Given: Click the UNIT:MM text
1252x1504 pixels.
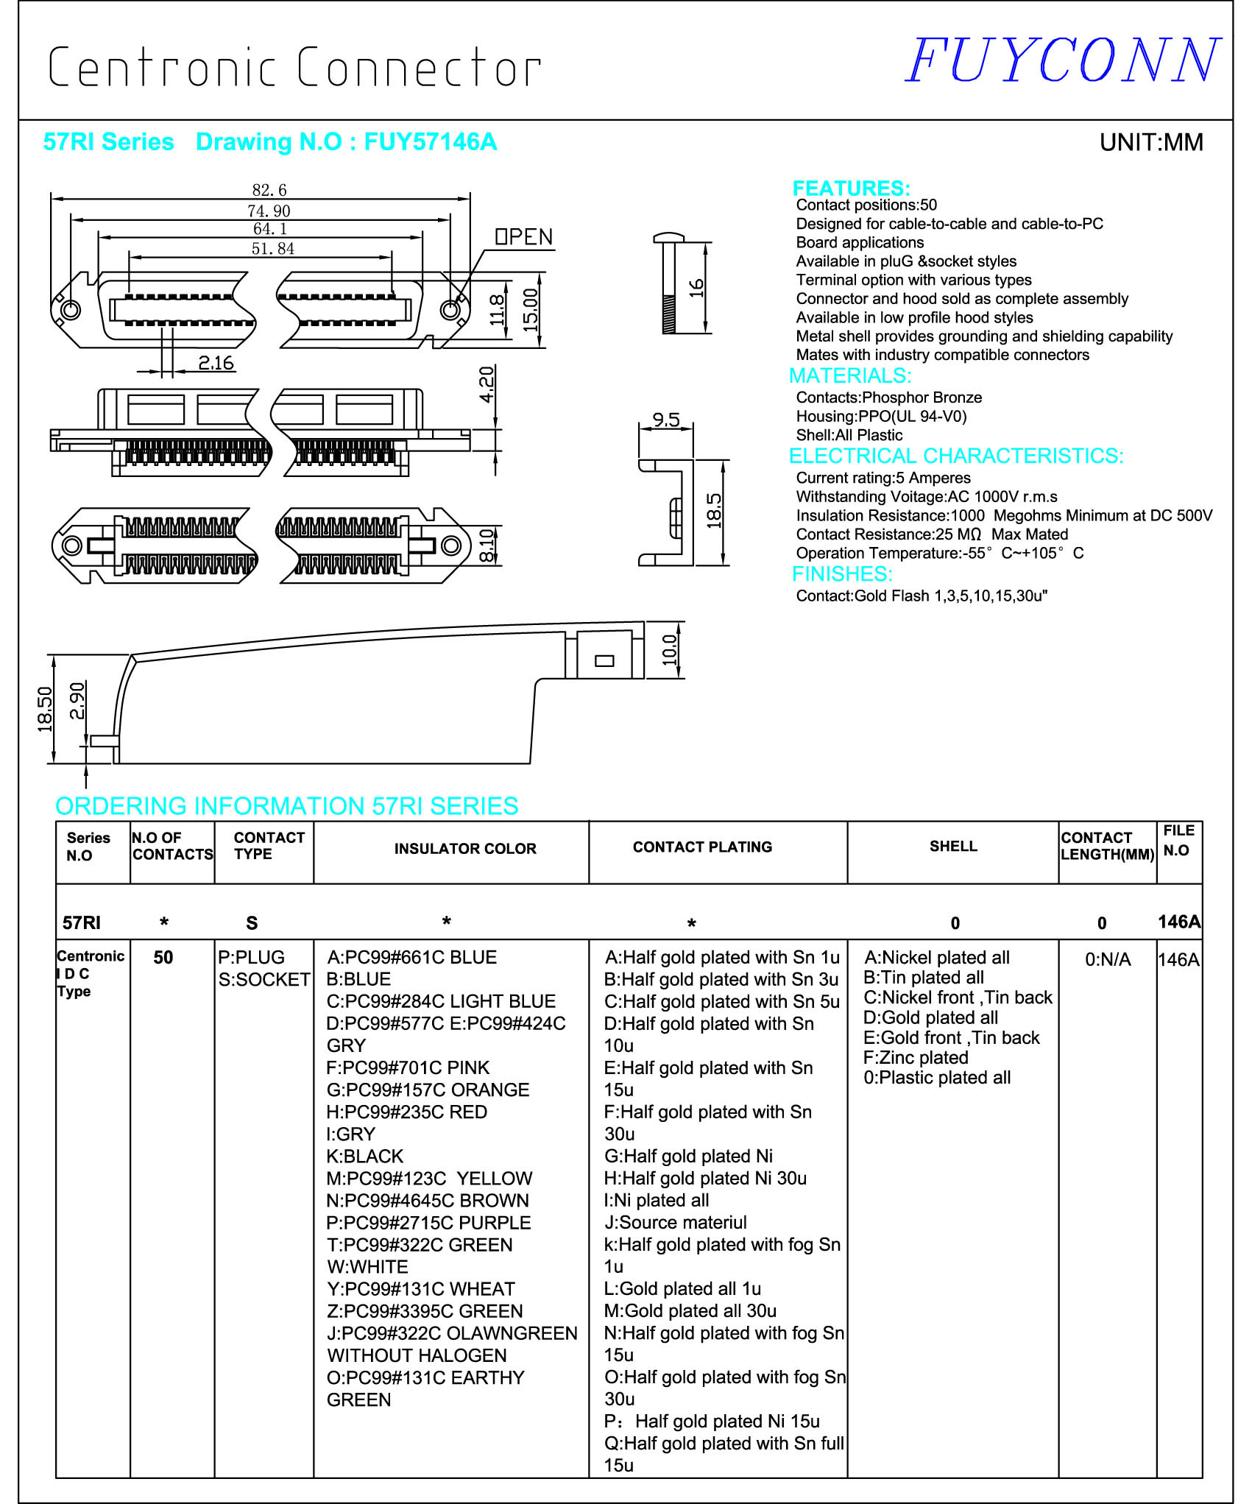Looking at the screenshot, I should pyautogui.click(x=1150, y=142).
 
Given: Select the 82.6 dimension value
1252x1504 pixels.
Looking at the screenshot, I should pyautogui.click(x=269, y=190).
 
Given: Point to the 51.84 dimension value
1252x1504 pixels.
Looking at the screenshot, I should pyautogui.click(x=272, y=249).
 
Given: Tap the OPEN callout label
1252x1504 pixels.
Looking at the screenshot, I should pyautogui.click(x=523, y=237).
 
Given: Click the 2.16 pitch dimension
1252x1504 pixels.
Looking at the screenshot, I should pyautogui.click(x=216, y=363).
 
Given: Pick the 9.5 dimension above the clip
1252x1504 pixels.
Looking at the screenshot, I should pyautogui.click(x=665, y=420).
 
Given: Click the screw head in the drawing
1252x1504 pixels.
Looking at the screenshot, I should pyautogui.click(x=668, y=238).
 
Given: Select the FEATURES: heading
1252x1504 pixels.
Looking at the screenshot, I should pyautogui.click(x=851, y=188).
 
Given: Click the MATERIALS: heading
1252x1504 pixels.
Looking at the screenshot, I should pyautogui.click(x=850, y=375).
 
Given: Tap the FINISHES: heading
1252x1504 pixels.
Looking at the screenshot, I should pyautogui.click(x=842, y=573).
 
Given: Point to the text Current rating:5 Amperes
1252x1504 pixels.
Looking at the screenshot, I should pyautogui.click(x=883, y=478).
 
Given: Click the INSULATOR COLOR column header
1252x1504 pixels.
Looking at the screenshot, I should pyautogui.click(x=465, y=848).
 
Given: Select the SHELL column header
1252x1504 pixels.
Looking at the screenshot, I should pyautogui.click(x=953, y=846).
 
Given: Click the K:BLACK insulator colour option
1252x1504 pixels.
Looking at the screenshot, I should pyautogui.click(x=365, y=1156).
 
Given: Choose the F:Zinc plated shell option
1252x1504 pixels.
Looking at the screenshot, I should pyautogui.click(x=916, y=1057).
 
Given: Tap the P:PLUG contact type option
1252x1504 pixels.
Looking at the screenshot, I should pyautogui.click(x=251, y=957).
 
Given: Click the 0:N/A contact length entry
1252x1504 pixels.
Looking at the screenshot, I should pyautogui.click(x=1107, y=959).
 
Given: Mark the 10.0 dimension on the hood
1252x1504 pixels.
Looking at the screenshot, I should pyautogui.click(x=669, y=649).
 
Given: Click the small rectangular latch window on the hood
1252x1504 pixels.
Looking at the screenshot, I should pyautogui.click(x=604, y=660).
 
